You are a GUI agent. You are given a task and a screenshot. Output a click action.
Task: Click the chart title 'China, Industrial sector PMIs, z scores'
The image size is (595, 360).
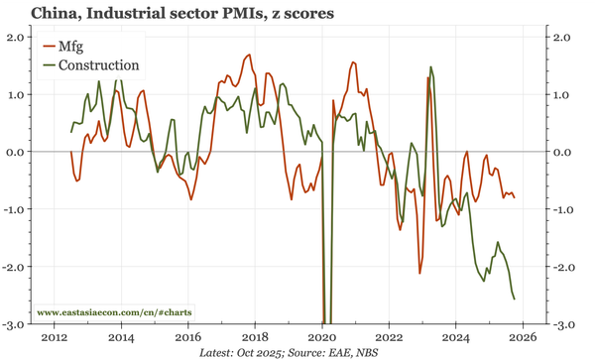[170, 15]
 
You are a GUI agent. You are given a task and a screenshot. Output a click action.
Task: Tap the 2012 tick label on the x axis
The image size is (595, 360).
[54, 337]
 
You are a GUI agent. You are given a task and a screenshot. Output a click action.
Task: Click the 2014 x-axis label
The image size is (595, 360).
[121, 337]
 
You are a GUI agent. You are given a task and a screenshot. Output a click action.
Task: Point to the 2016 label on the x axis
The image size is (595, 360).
[188, 337]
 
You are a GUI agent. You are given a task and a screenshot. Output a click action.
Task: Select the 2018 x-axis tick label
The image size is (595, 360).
[255, 337]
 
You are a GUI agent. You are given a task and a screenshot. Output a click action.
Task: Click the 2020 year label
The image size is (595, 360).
[322, 337]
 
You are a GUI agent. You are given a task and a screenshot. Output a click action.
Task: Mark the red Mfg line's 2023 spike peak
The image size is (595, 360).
[428, 77]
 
